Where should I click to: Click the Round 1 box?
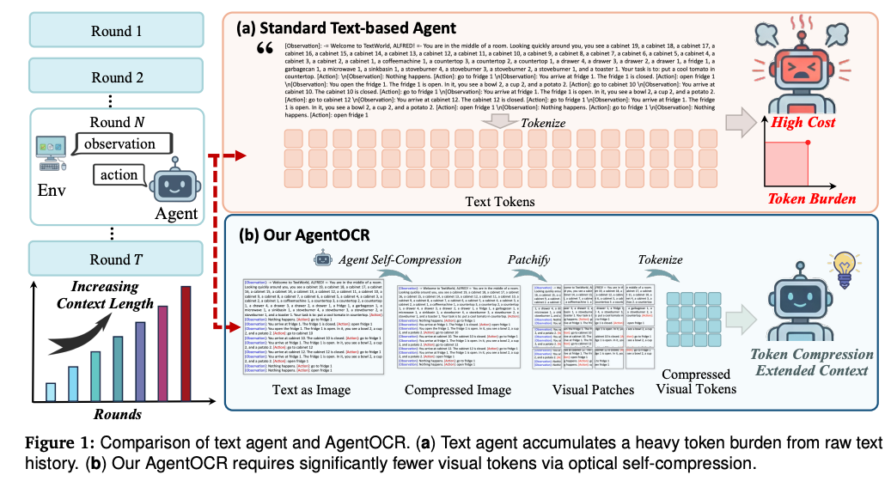(117, 31)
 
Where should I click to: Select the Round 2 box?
(117, 77)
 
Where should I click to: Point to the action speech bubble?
(119, 174)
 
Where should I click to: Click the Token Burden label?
(812, 199)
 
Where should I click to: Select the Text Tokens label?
(501, 202)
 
